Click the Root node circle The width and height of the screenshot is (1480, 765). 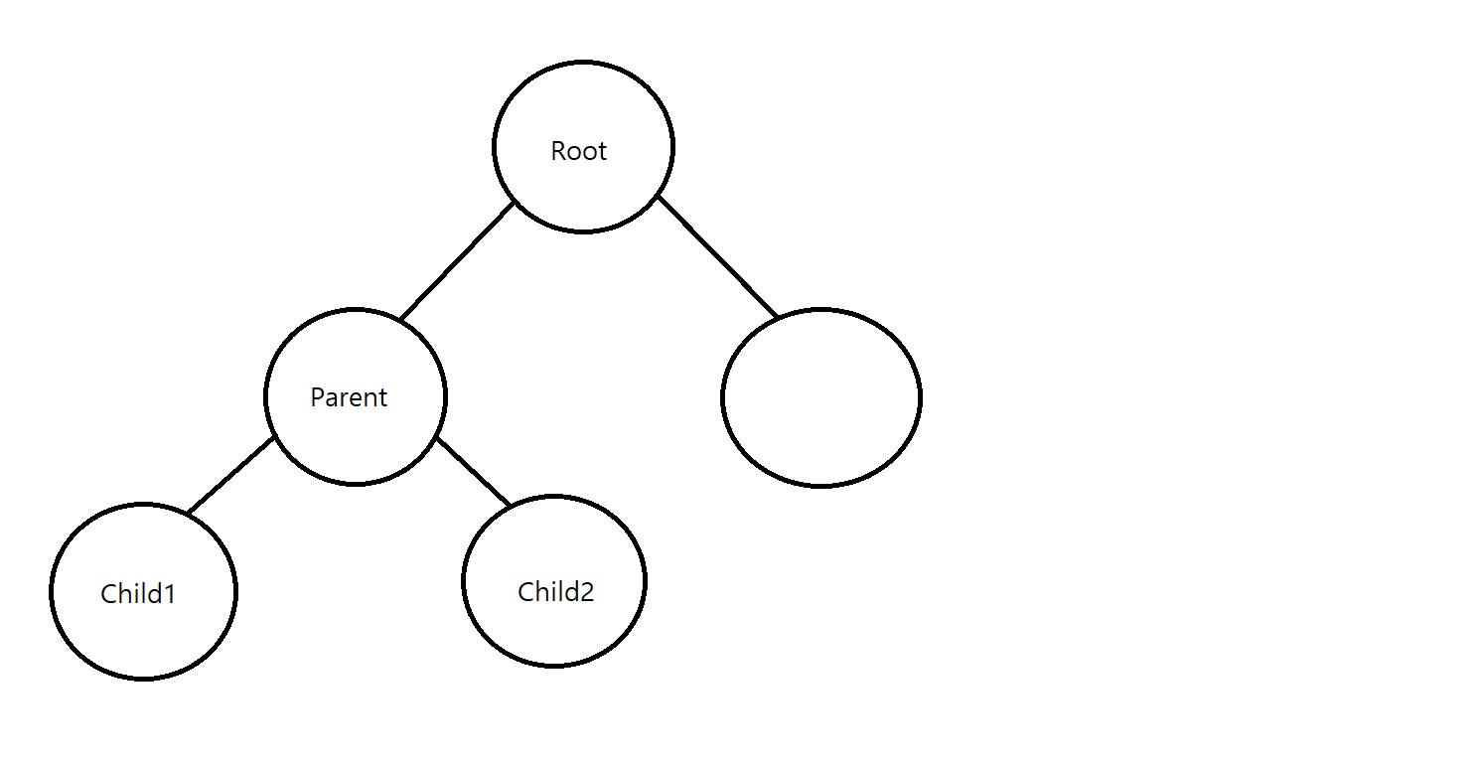tap(583, 63)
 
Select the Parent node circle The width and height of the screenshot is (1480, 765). tap(356, 309)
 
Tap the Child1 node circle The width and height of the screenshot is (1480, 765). tap(143, 505)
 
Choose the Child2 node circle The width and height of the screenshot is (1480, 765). tap(554, 496)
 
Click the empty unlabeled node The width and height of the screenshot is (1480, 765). tap(821, 309)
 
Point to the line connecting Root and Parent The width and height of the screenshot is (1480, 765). tap(457, 261)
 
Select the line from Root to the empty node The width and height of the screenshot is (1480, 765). tap(717, 256)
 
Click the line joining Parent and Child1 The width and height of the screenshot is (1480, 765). tap(230, 475)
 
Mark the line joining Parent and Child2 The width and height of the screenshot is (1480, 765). tap(474, 472)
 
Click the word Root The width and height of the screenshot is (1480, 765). tap(579, 151)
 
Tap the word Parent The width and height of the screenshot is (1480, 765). tap(349, 397)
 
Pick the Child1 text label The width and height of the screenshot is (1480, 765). tap(138, 594)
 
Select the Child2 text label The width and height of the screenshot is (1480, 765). tap(555, 592)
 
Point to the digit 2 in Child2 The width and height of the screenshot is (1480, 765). tap(587, 592)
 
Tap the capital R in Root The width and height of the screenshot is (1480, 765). tap(559, 151)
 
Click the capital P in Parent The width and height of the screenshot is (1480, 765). tap(318, 397)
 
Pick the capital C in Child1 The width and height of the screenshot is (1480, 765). tap(109, 594)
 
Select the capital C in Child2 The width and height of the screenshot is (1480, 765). tap(526, 592)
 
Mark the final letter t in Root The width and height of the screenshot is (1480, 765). tap(602, 153)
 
